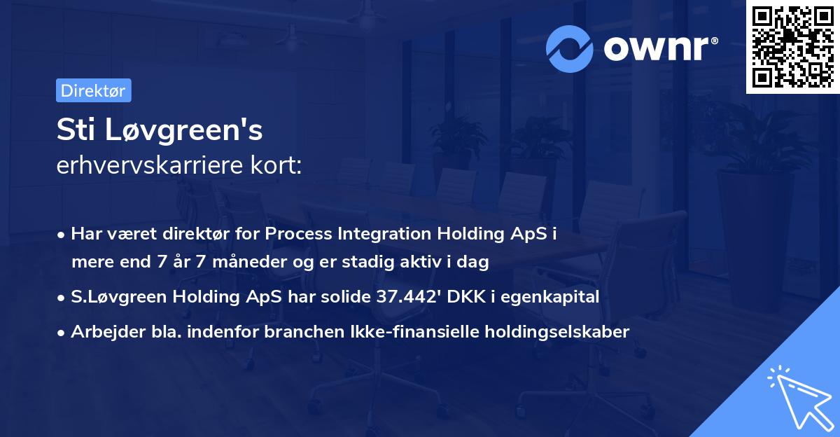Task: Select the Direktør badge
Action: pos(93,90)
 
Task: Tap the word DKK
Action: pos(465,297)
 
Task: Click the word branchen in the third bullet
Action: pos(295,331)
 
